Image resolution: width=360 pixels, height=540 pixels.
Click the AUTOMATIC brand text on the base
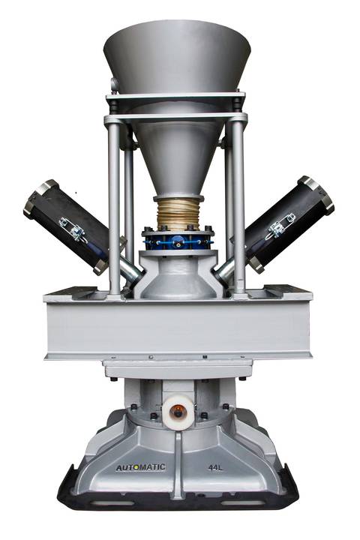tap(140, 467)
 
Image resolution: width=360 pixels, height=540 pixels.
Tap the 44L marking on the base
tap(216, 467)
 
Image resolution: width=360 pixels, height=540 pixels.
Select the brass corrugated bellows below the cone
tap(178, 214)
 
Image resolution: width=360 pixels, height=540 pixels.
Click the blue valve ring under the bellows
tap(178, 241)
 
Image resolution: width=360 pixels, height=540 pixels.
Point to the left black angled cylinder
tap(67, 227)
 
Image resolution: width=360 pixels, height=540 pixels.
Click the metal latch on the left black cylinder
tap(72, 228)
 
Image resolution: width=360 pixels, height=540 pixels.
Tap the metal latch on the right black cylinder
tap(282, 225)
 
